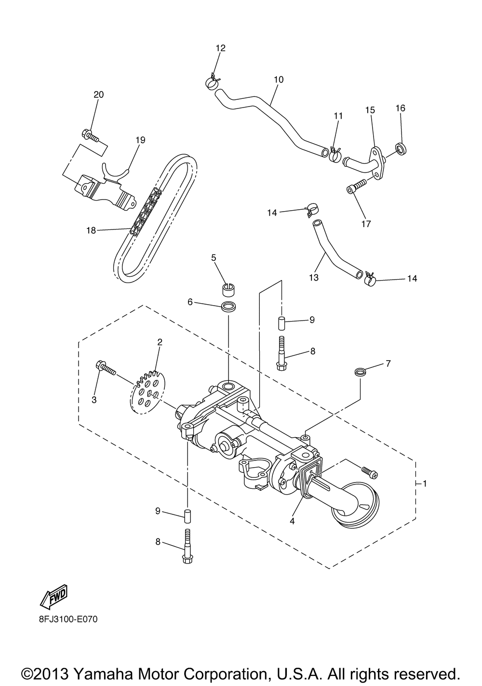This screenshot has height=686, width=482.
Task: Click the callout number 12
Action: [x=220, y=48]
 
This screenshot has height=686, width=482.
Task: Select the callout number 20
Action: [x=98, y=95]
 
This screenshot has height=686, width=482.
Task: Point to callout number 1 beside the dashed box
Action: [x=424, y=483]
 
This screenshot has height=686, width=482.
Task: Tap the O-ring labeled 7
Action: [x=360, y=372]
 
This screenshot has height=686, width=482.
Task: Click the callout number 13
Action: [x=314, y=278]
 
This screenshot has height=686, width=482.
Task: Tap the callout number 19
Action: [x=140, y=140]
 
